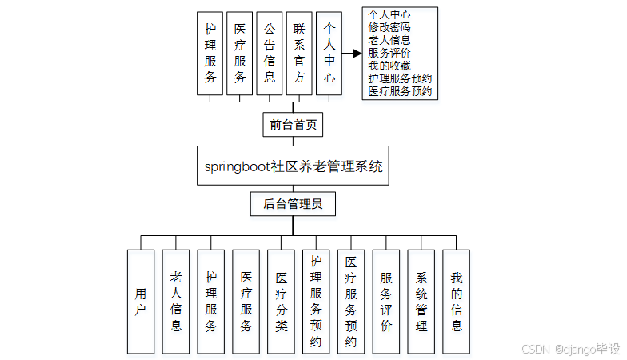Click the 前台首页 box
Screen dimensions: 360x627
pyautogui.click(x=293, y=125)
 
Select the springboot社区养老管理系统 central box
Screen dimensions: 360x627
pyautogui.click(x=293, y=166)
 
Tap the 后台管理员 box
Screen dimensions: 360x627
pyautogui.click(x=293, y=204)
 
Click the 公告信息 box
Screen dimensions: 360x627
pyautogui.click(x=270, y=54)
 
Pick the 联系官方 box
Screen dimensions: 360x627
pyautogui.click(x=299, y=54)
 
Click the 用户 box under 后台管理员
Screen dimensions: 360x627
pyautogui.click(x=140, y=302)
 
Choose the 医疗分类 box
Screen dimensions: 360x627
pyautogui.click(x=281, y=302)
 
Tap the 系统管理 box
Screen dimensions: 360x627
pyautogui.click(x=421, y=302)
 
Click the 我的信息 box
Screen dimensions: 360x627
pyautogui.click(x=457, y=302)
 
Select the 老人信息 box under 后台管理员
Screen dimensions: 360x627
pyautogui.click(x=175, y=302)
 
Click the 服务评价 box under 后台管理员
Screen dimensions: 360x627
pyautogui.click(x=386, y=302)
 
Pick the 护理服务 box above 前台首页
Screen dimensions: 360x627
pyautogui.click(x=210, y=54)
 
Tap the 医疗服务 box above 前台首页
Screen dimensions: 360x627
pyautogui.click(x=240, y=54)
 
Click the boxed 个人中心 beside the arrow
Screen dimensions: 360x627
pyautogui.click(x=329, y=54)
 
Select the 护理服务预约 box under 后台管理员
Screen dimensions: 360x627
pyautogui.click(x=316, y=302)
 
